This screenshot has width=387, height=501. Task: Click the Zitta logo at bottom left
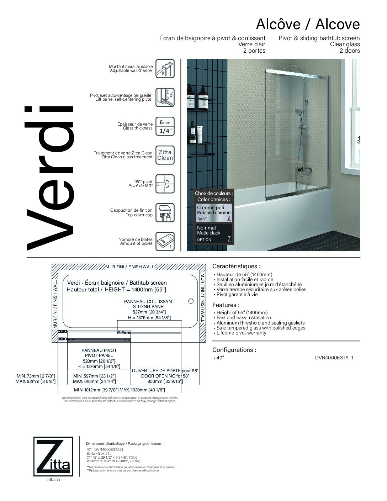(53, 456)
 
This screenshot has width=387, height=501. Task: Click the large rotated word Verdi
(50, 178)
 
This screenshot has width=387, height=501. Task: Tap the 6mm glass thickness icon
(165, 127)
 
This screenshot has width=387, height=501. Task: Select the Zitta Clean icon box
(165, 155)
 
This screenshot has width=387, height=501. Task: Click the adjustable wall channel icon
(165, 69)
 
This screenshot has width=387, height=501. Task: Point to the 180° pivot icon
(165, 184)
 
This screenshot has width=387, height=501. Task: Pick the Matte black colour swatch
(214, 233)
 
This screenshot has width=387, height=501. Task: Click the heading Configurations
(234, 350)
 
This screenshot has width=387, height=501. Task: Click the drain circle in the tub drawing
(191, 301)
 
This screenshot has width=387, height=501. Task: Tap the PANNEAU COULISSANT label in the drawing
(149, 301)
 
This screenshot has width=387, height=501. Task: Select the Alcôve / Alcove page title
(308, 24)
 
